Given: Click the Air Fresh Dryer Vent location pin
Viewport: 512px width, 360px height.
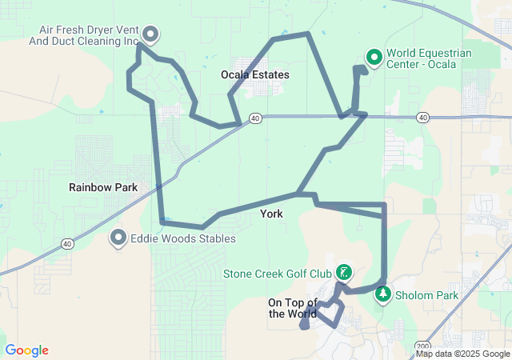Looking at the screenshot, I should click(x=150, y=34).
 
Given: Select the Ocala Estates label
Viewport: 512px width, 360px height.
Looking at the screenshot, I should click(x=254, y=74).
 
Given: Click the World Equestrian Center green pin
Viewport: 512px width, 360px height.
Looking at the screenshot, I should click(x=373, y=57).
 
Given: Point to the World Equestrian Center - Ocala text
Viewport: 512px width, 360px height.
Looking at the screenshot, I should click(x=429, y=58).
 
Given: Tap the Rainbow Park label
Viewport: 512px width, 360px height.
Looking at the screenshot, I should click(x=103, y=188).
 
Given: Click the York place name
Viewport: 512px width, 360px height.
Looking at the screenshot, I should click(x=271, y=214).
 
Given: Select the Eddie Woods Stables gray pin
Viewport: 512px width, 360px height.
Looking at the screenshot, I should click(x=119, y=238).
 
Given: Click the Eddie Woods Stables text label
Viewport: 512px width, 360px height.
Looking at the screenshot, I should click(x=183, y=238).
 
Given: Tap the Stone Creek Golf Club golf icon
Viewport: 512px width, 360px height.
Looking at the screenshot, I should click(x=342, y=272).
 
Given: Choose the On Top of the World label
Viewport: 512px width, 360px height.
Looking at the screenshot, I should click(x=293, y=308).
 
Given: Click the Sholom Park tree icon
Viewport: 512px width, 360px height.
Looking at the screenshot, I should click(x=383, y=294).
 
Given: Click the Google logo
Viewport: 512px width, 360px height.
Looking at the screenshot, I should click(x=27, y=350).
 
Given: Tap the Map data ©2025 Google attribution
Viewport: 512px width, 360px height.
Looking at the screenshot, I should click(x=462, y=354).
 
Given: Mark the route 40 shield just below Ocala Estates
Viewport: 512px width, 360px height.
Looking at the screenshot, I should click(x=255, y=118).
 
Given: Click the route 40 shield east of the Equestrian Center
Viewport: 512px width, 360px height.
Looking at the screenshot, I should click(x=422, y=118).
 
